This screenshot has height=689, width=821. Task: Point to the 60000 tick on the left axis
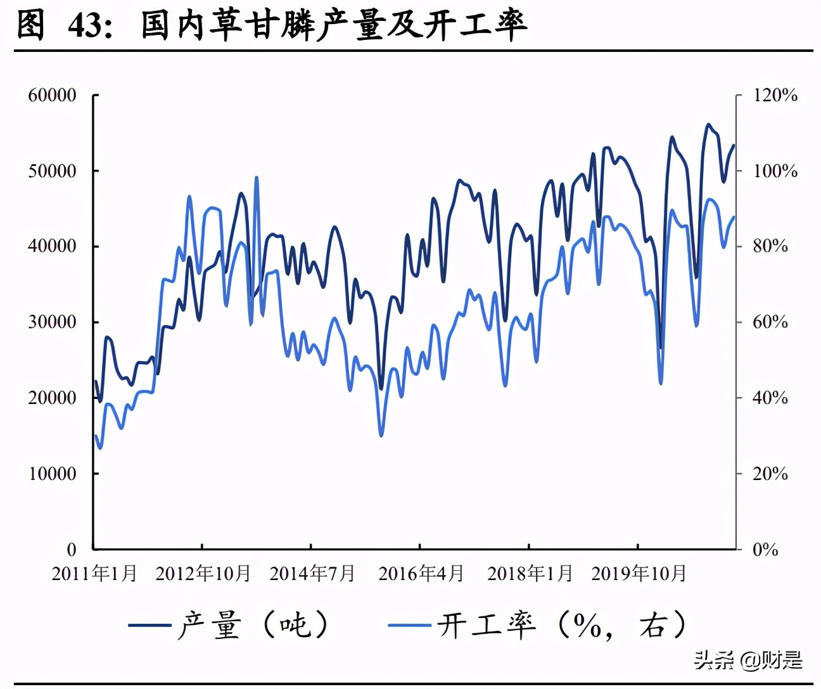52,96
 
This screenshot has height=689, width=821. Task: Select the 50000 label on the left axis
52,171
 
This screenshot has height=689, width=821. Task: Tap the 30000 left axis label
52,322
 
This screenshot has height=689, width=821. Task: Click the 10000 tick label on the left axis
52,473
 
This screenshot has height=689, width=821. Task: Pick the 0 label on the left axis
71,549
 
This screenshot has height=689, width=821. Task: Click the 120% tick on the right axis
775,96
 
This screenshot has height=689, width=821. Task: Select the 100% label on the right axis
775,171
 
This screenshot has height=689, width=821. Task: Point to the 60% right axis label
770,322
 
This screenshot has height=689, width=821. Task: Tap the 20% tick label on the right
770,473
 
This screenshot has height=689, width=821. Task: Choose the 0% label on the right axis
765,549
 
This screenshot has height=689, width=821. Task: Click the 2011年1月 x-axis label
94,574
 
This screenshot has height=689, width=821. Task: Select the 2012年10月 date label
203,574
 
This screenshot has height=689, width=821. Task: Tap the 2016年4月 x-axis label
421,574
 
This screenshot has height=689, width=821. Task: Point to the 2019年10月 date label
639,574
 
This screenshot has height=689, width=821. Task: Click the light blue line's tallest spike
257,178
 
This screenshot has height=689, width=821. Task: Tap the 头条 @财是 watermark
748,660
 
